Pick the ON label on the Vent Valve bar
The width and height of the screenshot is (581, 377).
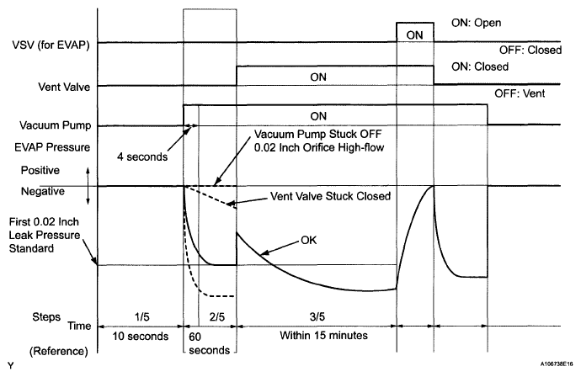(320, 77)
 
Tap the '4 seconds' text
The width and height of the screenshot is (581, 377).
(143, 157)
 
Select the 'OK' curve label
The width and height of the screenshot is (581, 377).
(307, 239)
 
